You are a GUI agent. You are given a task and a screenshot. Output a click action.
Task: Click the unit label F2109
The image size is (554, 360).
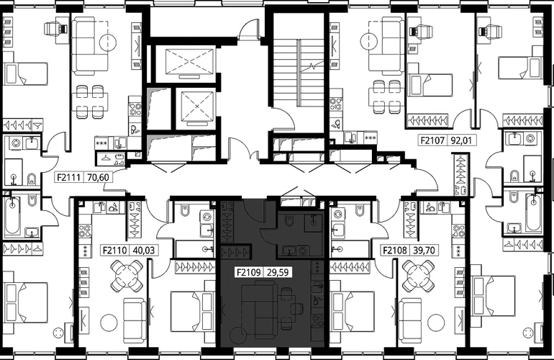point(249,272)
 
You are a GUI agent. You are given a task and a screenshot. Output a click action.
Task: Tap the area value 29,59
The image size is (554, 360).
point(278,272)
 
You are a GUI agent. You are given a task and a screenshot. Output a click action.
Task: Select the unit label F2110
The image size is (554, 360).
point(115,251)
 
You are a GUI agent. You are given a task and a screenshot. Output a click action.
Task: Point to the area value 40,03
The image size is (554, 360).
point(144,251)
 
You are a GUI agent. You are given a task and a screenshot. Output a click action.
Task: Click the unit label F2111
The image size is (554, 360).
point(69,177)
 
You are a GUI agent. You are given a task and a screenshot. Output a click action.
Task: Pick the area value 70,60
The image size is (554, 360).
point(98,177)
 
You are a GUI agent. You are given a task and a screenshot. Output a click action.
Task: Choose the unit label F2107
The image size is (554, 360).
point(432,140)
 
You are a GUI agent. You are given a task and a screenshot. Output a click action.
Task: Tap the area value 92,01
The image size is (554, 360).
point(461,140)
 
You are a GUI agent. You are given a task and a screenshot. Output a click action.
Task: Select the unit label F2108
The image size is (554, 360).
point(395,251)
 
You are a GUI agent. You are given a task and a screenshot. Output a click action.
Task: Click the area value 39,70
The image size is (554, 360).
point(424,251)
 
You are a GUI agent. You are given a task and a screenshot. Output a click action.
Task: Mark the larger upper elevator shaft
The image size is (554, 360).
point(190,63)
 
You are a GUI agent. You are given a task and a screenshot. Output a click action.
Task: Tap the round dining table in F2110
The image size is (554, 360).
point(127,276)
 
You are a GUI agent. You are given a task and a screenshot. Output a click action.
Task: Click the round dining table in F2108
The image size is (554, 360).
point(419,276)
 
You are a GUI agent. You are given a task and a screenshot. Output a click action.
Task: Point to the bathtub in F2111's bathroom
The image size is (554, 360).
point(13,216)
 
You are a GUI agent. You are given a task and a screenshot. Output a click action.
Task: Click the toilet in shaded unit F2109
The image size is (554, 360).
point(289,220)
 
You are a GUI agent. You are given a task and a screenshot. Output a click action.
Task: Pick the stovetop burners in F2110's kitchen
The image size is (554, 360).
point(85,230)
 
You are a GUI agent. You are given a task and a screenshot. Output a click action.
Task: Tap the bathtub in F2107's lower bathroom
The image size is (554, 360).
point(533,212)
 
